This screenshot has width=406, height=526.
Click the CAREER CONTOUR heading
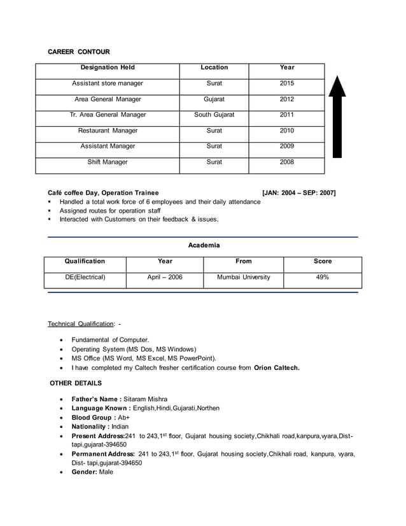click(x=79, y=52)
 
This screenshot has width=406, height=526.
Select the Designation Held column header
click(x=108, y=68)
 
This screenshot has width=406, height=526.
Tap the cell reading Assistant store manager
click(x=108, y=83)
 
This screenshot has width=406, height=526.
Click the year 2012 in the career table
click(x=286, y=99)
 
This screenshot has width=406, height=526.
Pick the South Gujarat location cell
click(x=214, y=115)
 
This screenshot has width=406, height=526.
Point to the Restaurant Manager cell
click(x=108, y=131)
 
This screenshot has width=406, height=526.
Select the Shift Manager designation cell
click(x=108, y=162)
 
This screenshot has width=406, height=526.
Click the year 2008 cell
click(x=286, y=162)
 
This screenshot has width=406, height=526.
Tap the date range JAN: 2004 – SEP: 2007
click(x=298, y=193)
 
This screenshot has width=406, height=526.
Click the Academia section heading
click(x=204, y=245)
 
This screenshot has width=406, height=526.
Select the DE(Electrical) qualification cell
click(x=85, y=278)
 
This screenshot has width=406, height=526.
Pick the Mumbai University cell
click(x=243, y=278)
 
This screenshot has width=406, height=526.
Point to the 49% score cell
click(x=322, y=278)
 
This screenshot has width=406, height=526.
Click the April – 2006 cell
click(x=164, y=278)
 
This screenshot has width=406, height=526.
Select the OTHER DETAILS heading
click(x=76, y=383)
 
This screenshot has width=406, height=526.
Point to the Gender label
click(x=85, y=473)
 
